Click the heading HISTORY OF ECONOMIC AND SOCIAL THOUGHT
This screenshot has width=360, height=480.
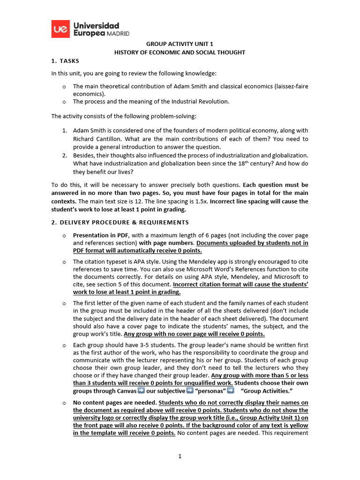(x=180, y=52)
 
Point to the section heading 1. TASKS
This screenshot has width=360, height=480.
(x=65, y=61)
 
